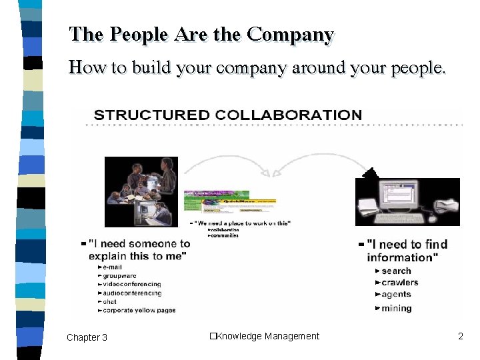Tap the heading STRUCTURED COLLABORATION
pyautogui.click(x=228, y=115)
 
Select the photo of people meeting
pyautogui.click(x=141, y=191)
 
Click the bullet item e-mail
pyautogui.click(x=113, y=267)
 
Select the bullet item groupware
pyautogui.click(x=120, y=275)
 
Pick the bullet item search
pyautogui.click(x=396, y=271)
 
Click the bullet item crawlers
pyautogui.click(x=400, y=282)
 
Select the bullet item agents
pyautogui.click(x=397, y=294)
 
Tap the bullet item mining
pyautogui.click(x=397, y=308)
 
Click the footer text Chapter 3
pyautogui.click(x=87, y=337)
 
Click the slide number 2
pyautogui.click(x=460, y=336)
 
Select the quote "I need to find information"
pyautogui.click(x=407, y=251)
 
